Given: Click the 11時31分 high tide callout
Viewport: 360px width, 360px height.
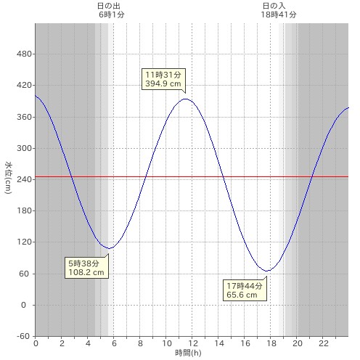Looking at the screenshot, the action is (163, 79).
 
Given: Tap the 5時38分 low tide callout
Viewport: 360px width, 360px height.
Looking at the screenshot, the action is (86, 267).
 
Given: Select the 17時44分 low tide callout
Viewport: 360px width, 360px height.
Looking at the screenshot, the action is (245, 290).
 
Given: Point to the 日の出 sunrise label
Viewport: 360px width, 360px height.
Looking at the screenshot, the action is (109, 6).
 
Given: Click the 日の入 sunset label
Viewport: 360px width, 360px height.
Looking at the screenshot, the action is (274, 6).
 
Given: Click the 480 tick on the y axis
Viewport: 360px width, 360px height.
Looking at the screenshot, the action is (24, 54).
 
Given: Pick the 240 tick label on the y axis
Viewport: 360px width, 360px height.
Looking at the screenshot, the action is (24, 179).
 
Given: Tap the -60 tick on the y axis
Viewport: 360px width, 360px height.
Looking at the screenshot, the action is (23, 336).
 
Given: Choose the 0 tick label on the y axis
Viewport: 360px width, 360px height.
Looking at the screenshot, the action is (23, 305).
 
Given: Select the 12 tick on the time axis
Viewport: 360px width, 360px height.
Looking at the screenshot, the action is (193, 343).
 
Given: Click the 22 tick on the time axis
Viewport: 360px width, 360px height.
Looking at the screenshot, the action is (324, 343).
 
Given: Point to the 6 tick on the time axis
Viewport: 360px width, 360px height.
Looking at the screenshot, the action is (114, 343).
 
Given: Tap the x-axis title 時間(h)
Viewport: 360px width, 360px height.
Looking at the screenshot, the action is (188, 353).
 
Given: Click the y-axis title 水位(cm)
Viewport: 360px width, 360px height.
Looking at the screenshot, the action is (8, 178).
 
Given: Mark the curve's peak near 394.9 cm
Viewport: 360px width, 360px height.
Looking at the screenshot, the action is (185, 99).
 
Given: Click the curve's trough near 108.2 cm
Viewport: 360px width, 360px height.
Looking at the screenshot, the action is (109, 248).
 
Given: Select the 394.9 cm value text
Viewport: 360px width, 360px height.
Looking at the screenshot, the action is (163, 83).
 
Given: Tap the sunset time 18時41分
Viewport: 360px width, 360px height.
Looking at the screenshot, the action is (279, 15).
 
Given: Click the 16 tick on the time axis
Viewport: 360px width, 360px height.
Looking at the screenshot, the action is (245, 343).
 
